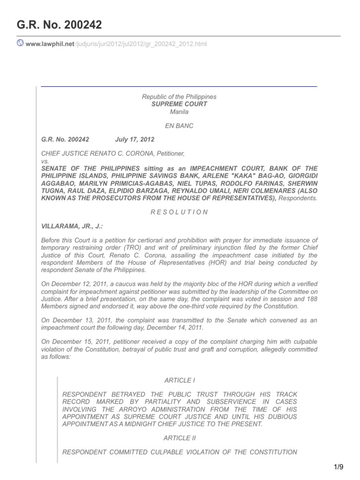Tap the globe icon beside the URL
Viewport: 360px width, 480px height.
click(21, 44)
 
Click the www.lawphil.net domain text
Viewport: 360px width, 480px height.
click(50, 44)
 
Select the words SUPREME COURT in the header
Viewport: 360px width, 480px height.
click(179, 104)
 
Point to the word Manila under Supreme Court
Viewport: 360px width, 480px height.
click(179, 112)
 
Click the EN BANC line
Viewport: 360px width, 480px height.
click(179, 126)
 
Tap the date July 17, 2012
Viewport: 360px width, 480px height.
click(135, 140)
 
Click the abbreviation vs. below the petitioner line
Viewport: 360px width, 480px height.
click(45, 161)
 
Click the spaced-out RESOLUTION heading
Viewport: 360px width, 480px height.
click(179, 212)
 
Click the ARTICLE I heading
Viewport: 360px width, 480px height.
click(179, 381)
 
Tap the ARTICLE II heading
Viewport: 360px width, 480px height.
click(180, 438)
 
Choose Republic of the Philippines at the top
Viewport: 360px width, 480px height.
click(179, 97)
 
